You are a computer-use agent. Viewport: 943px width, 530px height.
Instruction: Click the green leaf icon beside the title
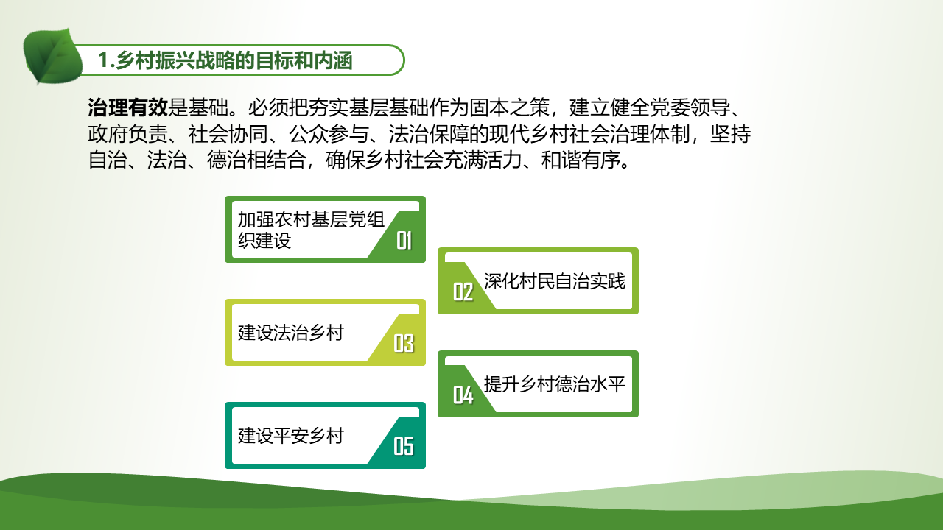coord(52,56)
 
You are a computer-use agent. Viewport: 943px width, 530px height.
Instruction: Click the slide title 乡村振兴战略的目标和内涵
coord(234,60)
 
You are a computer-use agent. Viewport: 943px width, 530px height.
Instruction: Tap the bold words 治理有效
coord(127,107)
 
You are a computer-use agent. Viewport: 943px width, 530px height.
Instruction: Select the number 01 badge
coord(404,241)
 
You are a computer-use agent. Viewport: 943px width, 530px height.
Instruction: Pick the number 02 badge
coord(463,291)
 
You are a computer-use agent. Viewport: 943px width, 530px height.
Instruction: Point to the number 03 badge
coord(404,343)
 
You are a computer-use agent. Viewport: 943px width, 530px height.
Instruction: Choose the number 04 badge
coord(463,395)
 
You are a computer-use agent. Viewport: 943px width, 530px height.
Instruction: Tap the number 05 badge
coord(404,446)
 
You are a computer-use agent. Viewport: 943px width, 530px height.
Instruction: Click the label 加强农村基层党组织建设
coord(311,230)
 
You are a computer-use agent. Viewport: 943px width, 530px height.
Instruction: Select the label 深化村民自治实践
coord(555,281)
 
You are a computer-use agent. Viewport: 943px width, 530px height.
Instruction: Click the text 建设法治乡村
coord(291,333)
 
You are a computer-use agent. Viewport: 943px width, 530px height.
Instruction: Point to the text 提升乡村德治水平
coord(555,384)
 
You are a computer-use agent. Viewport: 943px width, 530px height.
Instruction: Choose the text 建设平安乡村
coord(291,436)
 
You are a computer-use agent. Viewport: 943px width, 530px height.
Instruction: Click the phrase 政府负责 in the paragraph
coord(127,134)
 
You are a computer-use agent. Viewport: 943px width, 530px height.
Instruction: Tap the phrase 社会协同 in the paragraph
coord(228,134)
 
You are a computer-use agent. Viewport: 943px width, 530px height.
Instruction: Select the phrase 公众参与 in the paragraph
coord(329,134)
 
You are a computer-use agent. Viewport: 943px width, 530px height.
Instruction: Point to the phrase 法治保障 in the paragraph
coord(429,134)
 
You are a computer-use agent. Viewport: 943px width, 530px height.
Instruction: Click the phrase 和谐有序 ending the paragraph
coord(581,160)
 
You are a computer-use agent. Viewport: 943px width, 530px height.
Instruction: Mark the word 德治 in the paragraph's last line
coord(226,160)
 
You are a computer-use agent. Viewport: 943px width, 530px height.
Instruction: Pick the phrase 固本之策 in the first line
coord(509,107)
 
